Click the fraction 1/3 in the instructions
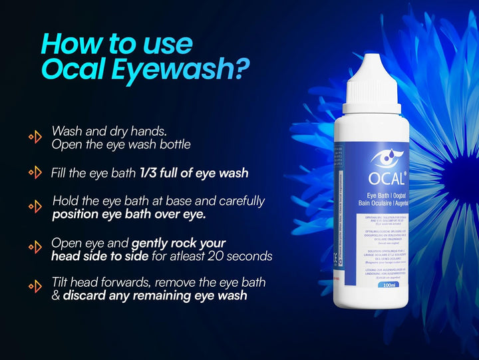[x=149, y=173]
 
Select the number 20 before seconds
[x=225, y=257]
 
